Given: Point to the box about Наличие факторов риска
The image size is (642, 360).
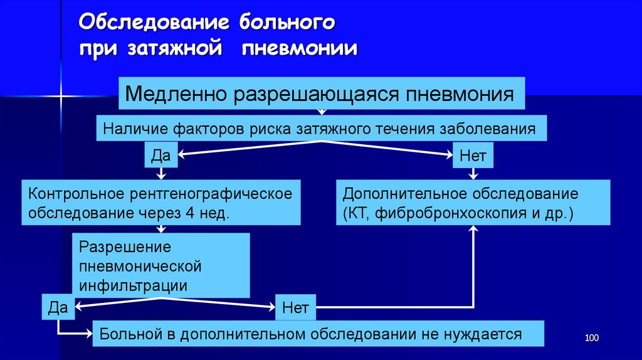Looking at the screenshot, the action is (320, 130).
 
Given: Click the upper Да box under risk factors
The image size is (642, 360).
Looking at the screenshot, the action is (162, 155).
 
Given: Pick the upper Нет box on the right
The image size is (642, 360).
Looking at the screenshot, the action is (473, 155).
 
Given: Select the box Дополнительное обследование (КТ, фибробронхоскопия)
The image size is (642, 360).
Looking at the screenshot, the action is (473, 202).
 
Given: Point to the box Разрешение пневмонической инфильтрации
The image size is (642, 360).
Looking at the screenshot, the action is (161, 265).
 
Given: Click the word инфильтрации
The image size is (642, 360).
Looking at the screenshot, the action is (133, 285).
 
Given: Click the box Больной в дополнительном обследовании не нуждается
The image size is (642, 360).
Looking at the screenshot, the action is (317, 334).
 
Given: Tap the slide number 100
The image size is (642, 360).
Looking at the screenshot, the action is (592, 339).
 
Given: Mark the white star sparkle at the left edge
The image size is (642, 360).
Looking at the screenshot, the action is (61, 97).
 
